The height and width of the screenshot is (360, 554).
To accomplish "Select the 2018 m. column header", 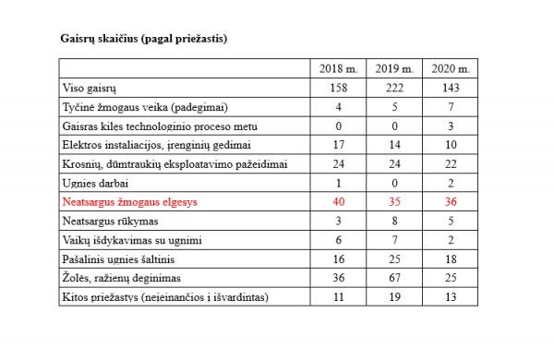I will click(337, 69).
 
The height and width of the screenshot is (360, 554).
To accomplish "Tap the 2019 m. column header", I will click(395, 69).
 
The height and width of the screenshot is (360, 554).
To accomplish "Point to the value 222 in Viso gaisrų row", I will click(395, 88).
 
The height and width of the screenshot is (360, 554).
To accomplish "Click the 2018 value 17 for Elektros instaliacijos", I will click(337, 145).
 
